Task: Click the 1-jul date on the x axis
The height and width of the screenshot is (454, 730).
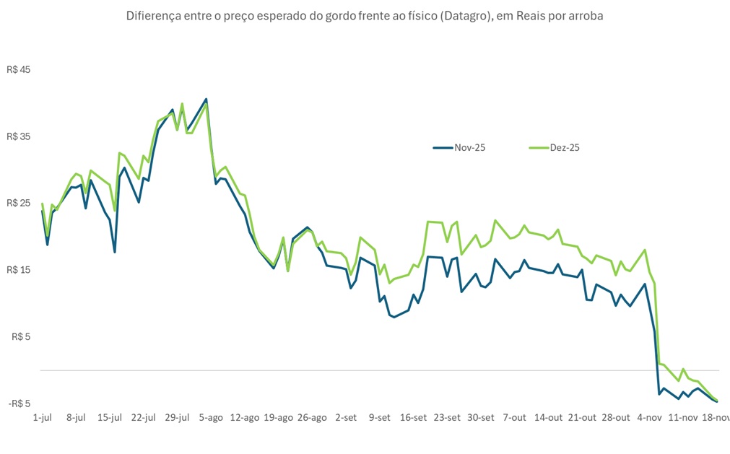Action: (x=43, y=417)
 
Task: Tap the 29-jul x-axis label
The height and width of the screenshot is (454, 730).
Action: (x=177, y=417)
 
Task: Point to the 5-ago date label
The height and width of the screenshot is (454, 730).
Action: (x=211, y=417)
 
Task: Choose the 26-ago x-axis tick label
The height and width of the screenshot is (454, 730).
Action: (x=312, y=417)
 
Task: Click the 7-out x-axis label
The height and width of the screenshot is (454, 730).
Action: (x=514, y=417)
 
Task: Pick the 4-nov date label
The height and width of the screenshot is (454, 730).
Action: (x=649, y=417)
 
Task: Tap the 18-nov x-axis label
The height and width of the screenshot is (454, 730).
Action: (x=715, y=417)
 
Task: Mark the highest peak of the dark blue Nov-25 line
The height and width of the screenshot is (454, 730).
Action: (x=206, y=99)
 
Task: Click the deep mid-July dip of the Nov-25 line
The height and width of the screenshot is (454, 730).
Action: (x=115, y=251)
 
